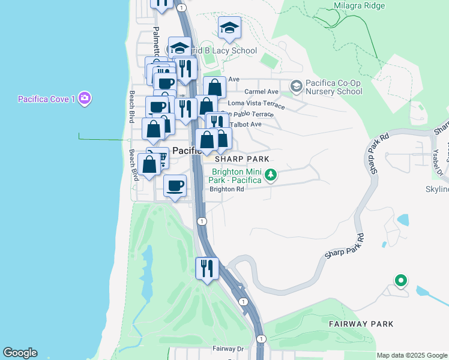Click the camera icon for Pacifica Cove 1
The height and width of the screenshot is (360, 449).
[84, 98]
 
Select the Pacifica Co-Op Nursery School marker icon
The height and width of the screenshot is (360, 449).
[295, 86]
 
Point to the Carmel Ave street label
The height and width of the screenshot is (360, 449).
[262, 92]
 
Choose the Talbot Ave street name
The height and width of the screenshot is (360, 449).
[247, 124]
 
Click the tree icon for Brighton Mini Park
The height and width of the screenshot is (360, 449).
[271, 175]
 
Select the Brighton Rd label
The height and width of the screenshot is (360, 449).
[226, 189]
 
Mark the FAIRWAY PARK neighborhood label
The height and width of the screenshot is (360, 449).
[361, 324]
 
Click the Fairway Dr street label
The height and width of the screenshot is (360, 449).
[228, 349]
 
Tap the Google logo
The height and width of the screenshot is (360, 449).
[20, 353]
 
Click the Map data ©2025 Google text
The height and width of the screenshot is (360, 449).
[412, 355]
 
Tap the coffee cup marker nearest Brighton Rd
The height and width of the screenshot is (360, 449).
[175, 186]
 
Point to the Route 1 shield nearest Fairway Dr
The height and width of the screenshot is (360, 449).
[261, 339]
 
